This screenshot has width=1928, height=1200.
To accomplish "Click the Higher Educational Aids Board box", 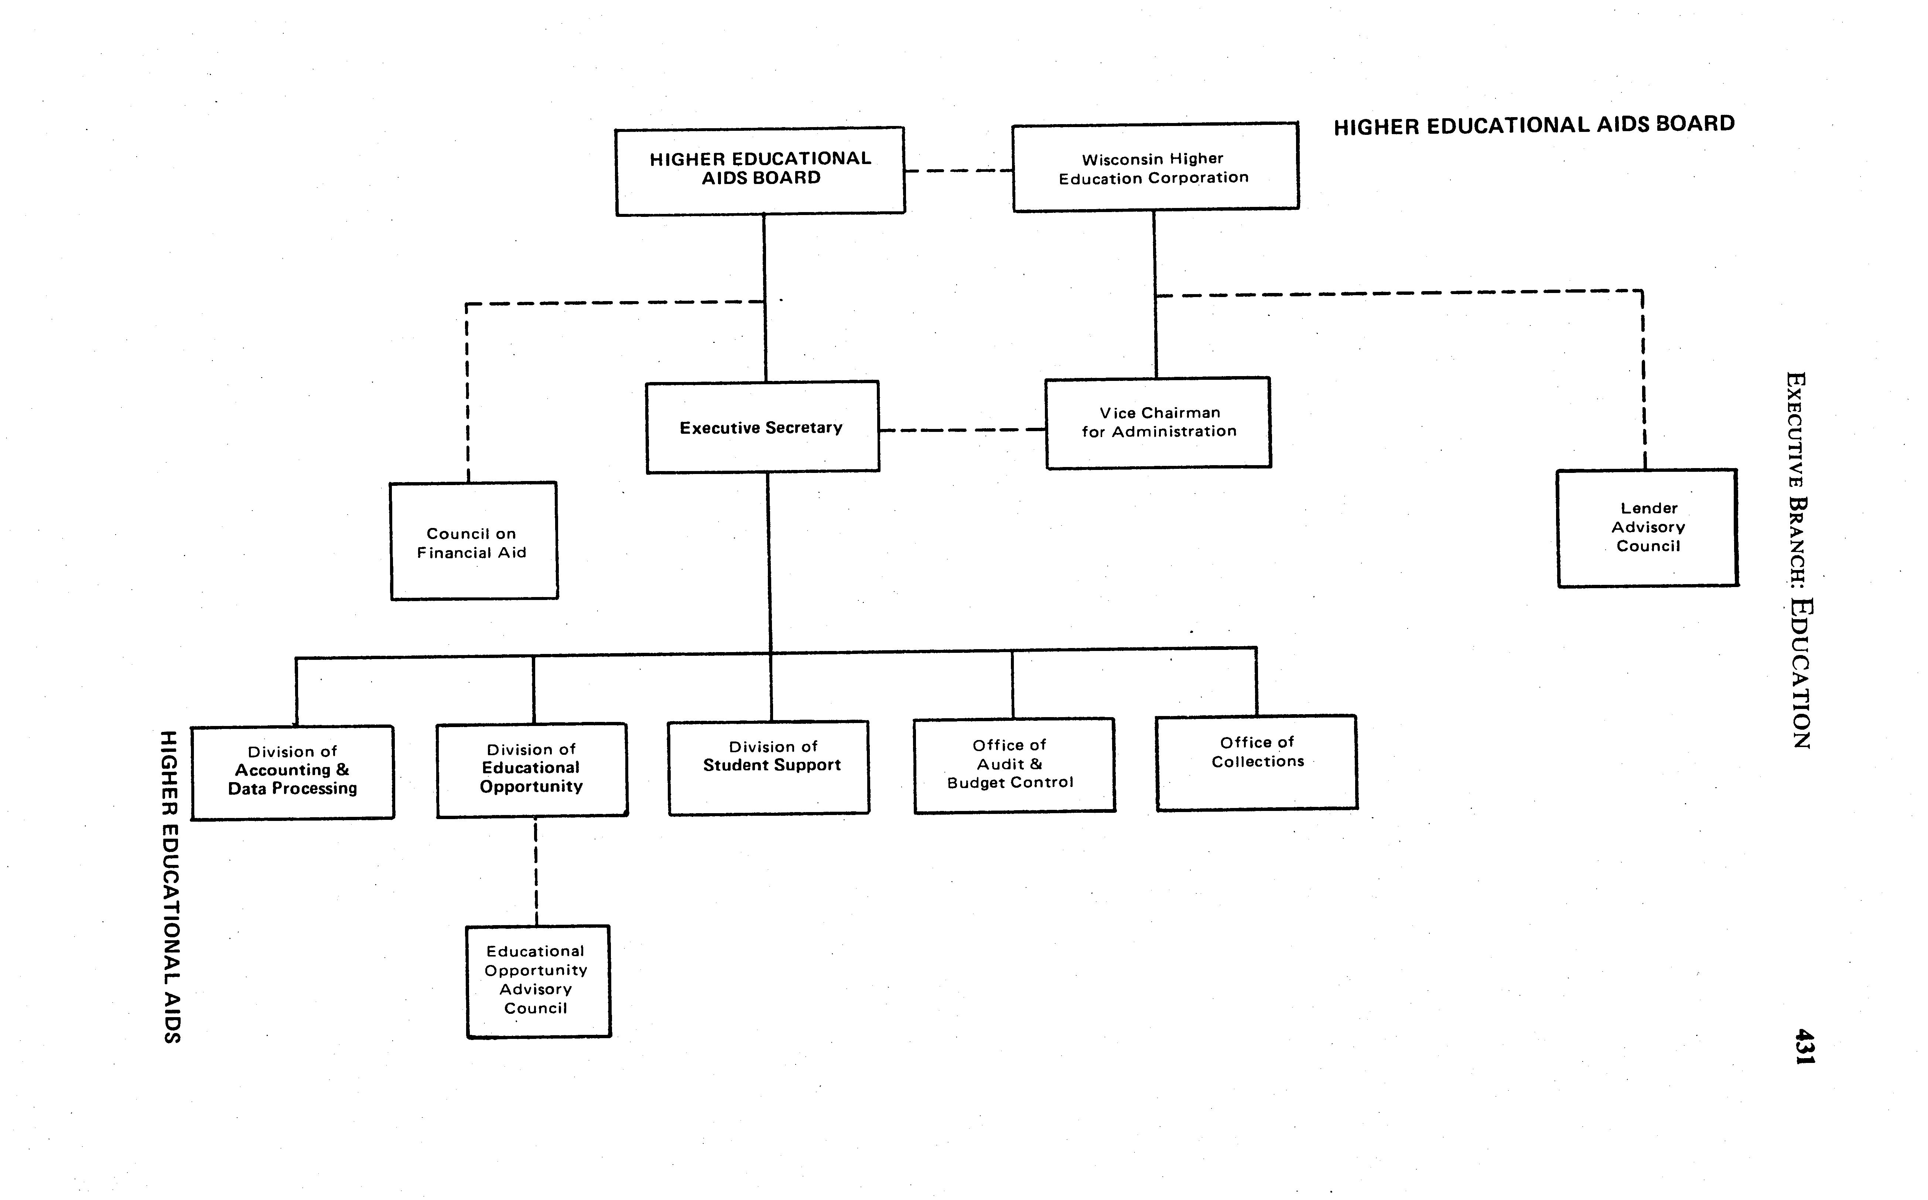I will tap(760, 171).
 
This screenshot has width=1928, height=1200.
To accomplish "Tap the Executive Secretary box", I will tap(762, 428).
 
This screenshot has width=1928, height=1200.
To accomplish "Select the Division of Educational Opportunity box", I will tap(531, 770).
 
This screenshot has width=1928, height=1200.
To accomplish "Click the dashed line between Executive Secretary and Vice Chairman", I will tap(962, 430).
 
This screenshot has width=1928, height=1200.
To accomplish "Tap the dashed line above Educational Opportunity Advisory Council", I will tap(536, 872).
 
